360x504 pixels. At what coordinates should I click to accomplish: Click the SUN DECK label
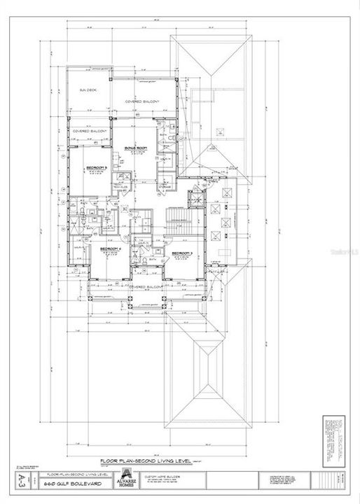pyautogui.click(x=88, y=91)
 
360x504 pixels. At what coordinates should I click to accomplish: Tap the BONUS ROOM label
pyautogui.click(x=139, y=149)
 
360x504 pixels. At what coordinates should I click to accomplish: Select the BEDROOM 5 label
pyautogui.click(x=96, y=168)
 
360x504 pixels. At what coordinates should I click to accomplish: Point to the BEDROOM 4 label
pyautogui.click(x=111, y=249)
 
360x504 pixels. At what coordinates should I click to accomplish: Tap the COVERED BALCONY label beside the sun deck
pyautogui.click(x=142, y=102)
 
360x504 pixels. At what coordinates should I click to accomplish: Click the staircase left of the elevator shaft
pyautogui.click(x=178, y=222)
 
